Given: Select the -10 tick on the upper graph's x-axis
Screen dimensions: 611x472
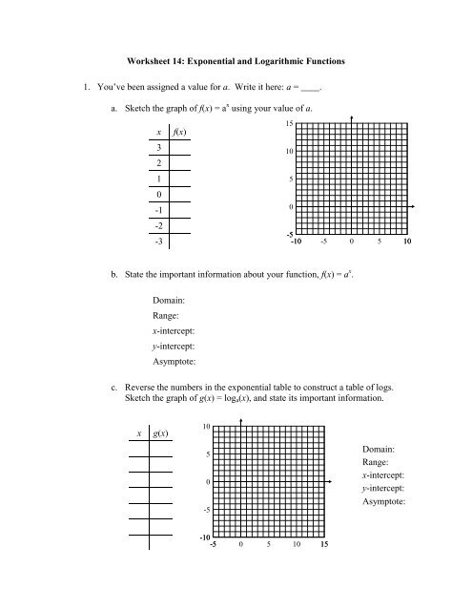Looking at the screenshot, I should [297, 242].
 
